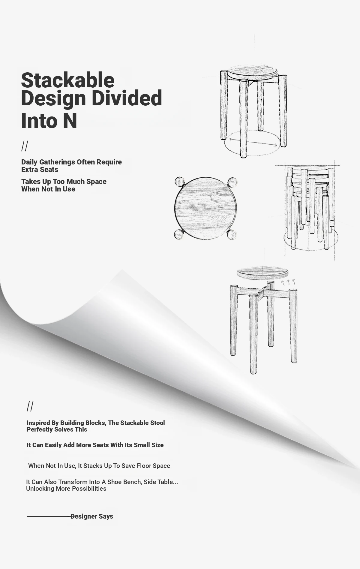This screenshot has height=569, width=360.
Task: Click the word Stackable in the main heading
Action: [68, 80]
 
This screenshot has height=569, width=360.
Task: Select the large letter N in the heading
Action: [70, 120]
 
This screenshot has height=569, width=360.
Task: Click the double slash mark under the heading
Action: [25, 146]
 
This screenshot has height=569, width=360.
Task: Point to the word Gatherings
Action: [57, 162]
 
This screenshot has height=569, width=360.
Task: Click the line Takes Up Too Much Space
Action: [64, 182]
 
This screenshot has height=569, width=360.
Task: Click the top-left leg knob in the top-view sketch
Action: [179, 182]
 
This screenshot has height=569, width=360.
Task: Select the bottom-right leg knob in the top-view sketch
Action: [232, 235]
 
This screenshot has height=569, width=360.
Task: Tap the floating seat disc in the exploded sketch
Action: [263, 272]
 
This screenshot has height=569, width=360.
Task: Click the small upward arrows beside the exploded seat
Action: [288, 281]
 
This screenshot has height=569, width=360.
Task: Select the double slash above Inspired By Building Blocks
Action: [30, 406]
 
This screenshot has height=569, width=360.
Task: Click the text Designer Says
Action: [92, 516]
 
